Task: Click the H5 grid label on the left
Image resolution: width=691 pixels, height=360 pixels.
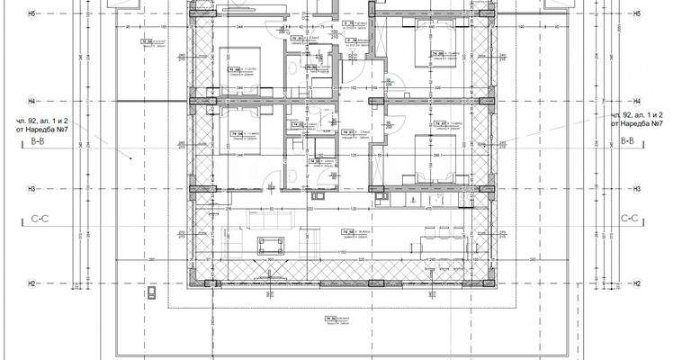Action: click(56, 14)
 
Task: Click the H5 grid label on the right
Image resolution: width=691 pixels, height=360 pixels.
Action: click(636, 14)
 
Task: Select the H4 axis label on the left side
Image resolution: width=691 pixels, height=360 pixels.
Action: click(56, 101)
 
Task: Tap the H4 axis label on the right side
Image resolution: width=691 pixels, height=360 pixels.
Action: click(636, 101)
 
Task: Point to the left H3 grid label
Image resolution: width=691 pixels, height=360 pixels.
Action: click(56, 189)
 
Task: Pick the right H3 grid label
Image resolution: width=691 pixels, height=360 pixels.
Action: click(636, 189)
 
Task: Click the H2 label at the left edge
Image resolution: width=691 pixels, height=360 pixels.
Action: click(56, 284)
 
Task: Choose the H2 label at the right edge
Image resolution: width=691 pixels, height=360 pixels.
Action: click(636, 284)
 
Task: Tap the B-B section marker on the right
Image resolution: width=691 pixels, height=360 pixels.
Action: click(633, 142)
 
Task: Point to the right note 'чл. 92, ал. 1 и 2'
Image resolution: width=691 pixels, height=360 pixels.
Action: click(636, 116)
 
